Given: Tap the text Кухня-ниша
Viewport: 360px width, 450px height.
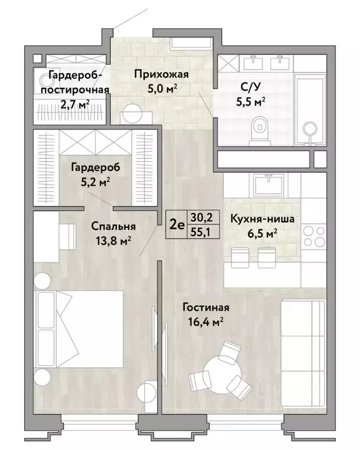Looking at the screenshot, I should pos(262,220).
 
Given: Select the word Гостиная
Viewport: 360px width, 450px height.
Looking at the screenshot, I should pos(205,308).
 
